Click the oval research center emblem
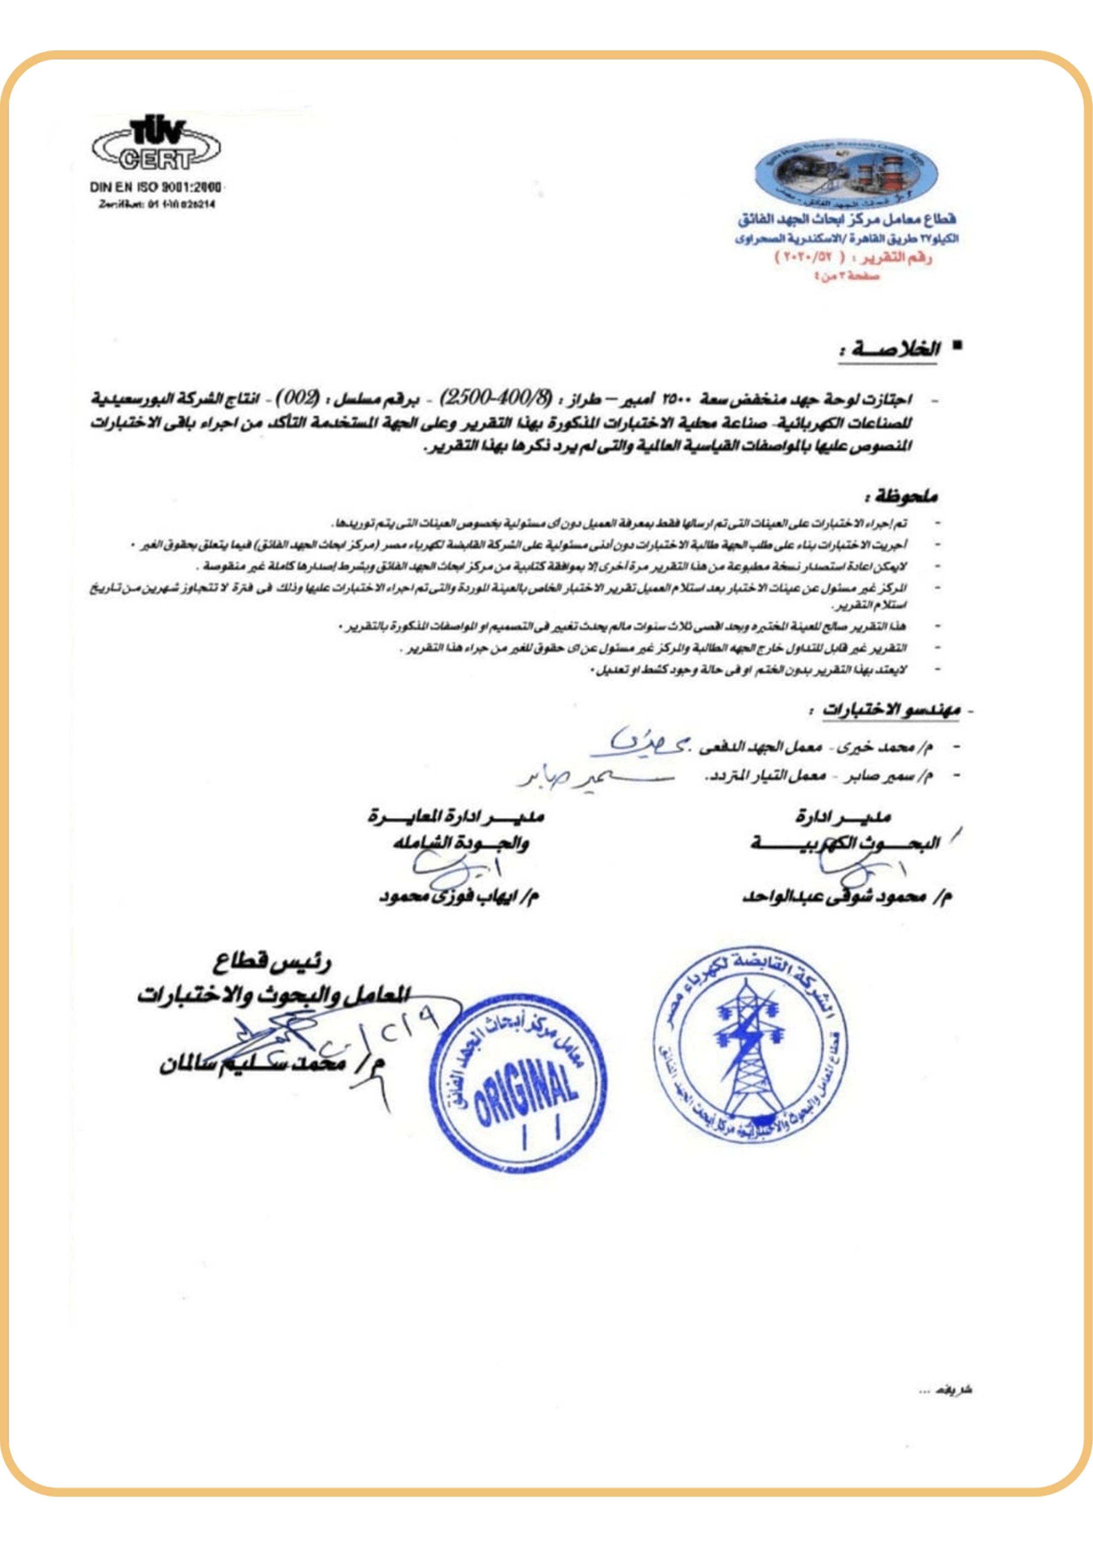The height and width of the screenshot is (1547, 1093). (x=846, y=174)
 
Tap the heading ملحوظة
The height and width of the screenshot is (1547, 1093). (x=902, y=498)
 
